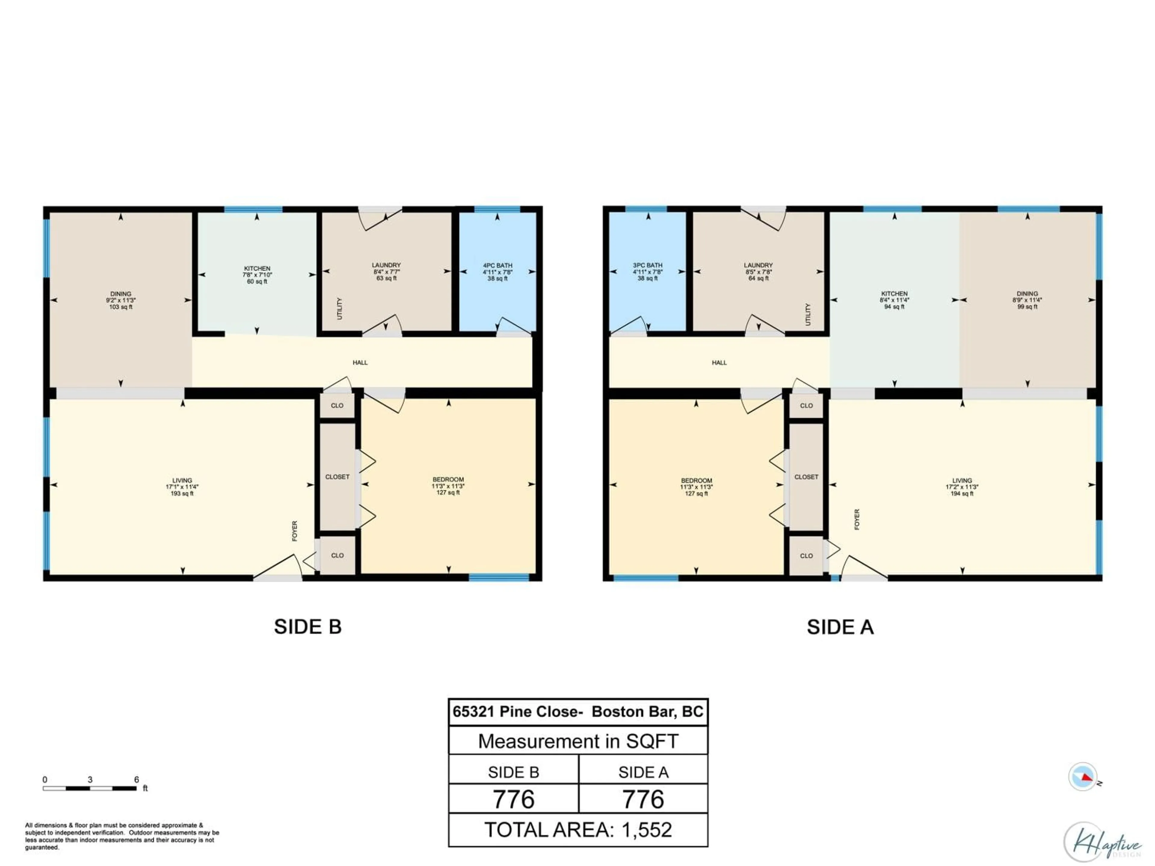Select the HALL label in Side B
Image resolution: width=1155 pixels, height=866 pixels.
(360, 362)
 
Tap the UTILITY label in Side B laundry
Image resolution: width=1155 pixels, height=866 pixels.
(339, 309)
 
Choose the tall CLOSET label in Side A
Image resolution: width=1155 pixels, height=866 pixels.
(806, 477)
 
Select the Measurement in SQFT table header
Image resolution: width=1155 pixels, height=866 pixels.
(578, 741)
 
